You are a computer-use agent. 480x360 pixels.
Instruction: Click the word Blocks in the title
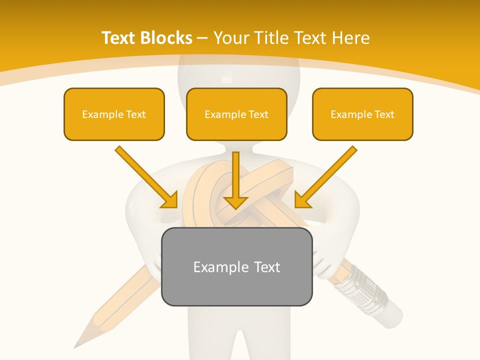coord(165,38)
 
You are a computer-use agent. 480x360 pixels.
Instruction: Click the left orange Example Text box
coord(114,114)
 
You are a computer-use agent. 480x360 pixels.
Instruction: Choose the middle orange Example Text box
coord(236,114)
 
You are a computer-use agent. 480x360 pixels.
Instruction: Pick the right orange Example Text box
coord(362,114)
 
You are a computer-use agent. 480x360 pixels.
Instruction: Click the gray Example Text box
coord(236,266)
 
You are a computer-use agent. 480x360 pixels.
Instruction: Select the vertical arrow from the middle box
coord(235,180)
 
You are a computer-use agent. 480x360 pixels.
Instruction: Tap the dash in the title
coord(203,38)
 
